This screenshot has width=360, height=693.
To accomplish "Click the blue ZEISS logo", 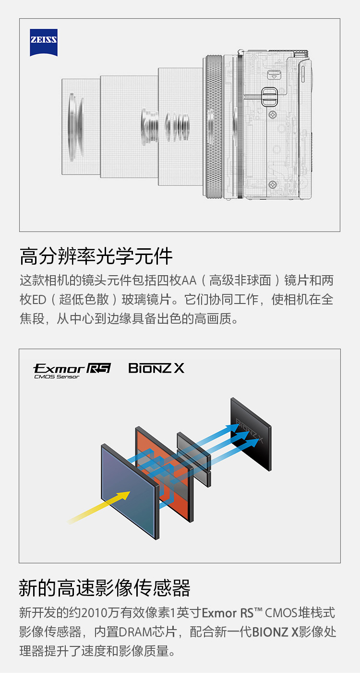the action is pos(44,43).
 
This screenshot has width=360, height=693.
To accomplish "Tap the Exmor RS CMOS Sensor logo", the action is pos(72,370).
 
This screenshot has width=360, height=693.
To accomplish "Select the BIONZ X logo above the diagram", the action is pos(156,368).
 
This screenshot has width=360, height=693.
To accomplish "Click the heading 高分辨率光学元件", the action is pos(96,256).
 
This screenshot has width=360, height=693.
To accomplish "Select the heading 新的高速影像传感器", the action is pos(105,587).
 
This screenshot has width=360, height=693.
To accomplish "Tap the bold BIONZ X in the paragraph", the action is pos(276,632).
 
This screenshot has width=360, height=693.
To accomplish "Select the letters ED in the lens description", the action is pos(39,300).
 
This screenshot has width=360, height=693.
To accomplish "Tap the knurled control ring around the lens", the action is pos(214,126).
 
